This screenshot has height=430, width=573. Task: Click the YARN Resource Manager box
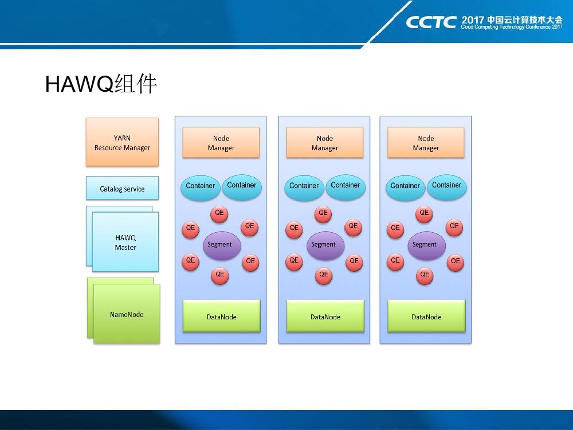pyautogui.click(x=122, y=142)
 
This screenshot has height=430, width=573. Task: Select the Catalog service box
pyautogui.click(x=122, y=188)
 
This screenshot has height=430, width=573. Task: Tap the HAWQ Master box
pyautogui.click(x=125, y=242)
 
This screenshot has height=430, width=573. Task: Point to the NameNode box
pyautogui.click(x=127, y=314)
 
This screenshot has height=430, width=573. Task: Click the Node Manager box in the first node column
pyautogui.click(x=221, y=143)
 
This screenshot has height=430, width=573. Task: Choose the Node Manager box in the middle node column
pyautogui.click(x=325, y=143)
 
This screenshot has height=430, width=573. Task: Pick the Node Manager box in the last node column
pyautogui.click(x=426, y=143)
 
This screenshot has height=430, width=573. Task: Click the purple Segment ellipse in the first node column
pyautogui.click(x=222, y=245)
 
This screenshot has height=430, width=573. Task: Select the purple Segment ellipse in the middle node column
pyautogui.click(x=325, y=245)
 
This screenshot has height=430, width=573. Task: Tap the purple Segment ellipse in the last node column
pyautogui.click(x=426, y=245)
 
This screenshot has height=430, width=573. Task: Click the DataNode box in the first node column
pyautogui.click(x=221, y=316)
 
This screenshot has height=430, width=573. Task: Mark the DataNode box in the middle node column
pyautogui.click(x=325, y=316)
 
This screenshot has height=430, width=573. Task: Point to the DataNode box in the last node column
pyautogui.click(x=426, y=316)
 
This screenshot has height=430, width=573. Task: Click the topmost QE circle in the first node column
pyautogui.click(x=219, y=213)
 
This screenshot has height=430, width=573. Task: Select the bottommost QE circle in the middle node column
pyautogui.click(x=323, y=275)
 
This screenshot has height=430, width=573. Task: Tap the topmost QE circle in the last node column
pyautogui.click(x=424, y=213)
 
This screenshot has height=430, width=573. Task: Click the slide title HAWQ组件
pyautogui.click(x=101, y=84)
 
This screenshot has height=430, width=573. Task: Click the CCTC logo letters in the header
pyautogui.click(x=431, y=22)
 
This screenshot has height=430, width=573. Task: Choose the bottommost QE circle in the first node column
pyautogui.click(x=219, y=275)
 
